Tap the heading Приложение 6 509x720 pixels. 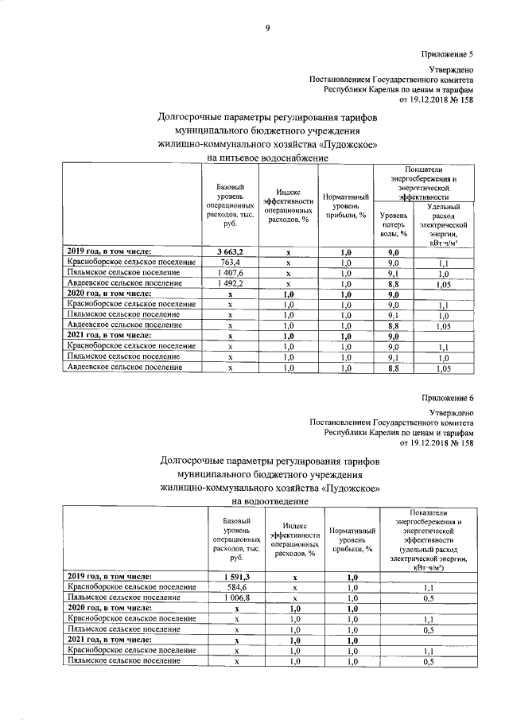(x=448, y=397)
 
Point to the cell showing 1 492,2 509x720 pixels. (x=230, y=282)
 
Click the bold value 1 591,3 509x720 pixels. (x=237, y=577)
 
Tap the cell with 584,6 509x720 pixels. (x=237, y=587)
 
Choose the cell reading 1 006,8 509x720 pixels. (x=237, y=597)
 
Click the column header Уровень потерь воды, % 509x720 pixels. (x=394, y=224)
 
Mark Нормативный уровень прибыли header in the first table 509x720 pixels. (x=346, y=205)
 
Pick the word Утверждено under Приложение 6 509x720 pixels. (x=453, y=412)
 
